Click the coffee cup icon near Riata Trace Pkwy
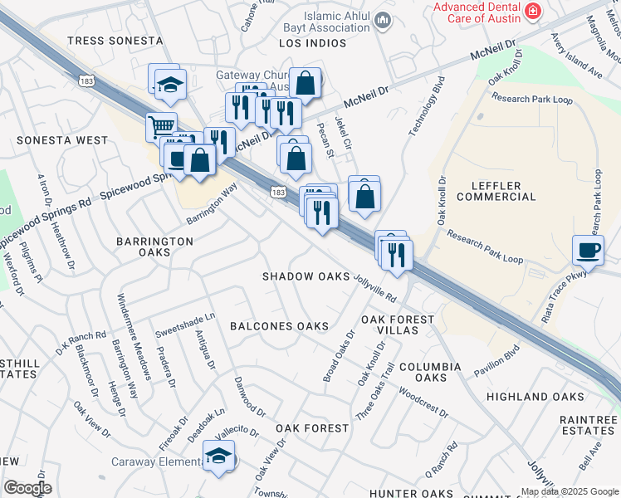pos(588,250)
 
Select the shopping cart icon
pos(161,128)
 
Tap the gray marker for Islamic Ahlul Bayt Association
pos(382,20)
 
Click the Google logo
pos(27,488)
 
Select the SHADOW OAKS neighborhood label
pos(306,276)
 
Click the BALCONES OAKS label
pos(279,326)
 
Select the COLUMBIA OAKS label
pos(429,372)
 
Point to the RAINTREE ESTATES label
pos(588,425)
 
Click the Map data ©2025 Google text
pos(570,491)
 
